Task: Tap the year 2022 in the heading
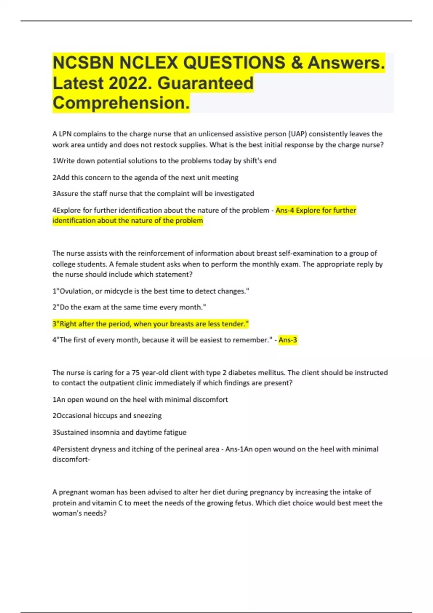pyautogui.click(x=128, y=83)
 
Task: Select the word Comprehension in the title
pyautogui.click(x=121, y=103)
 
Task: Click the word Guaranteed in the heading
pyautogui.click(x=205, y=83)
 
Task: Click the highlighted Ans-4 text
pyautogui.click(x=285, y=210)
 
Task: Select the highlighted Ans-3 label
pyautogui.click(x=288, y=340)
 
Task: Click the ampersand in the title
pyautogui.click(x=296, y=63)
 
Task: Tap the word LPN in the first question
pyautogui.click(x=65, y=134)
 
